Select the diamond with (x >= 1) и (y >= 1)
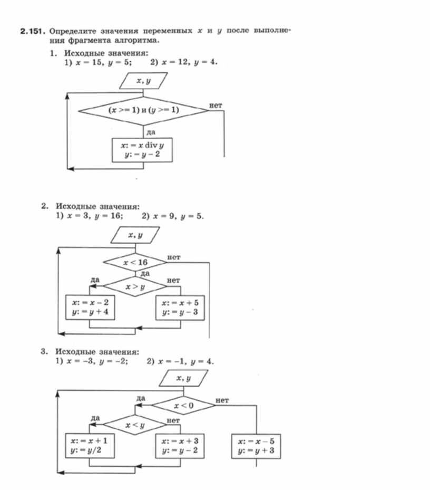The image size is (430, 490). click(x=143, y=110)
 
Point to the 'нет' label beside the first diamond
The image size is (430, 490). click(x=216, y=105)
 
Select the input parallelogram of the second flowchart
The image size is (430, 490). click(x=135, y=235)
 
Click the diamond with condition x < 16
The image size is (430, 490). click(x=135, y=262)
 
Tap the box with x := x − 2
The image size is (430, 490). click(x=90, y=308)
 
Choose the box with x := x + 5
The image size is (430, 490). click(x=180, y=308)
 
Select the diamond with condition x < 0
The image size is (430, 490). click(x=182, y=405)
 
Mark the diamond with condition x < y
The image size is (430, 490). click(x=135, y=424)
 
